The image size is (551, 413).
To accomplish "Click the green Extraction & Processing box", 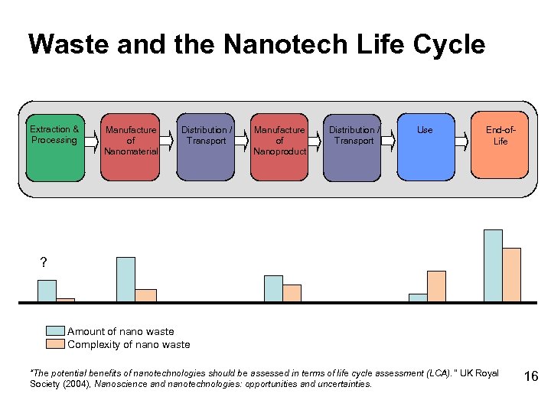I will [x=54, y=149].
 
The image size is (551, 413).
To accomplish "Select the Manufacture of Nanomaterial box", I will [x=131, y=149].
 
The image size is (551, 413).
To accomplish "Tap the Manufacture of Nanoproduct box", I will [x=279, y=149].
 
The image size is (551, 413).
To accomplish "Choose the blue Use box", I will [x=425, y=149].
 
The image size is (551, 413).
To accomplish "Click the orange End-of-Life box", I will [x=500, y=149].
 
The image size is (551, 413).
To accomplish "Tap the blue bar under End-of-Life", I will [x=493, y=265].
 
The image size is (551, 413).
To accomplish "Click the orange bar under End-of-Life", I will [x=511, y=275].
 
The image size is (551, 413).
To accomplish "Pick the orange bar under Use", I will [x=436, y=286].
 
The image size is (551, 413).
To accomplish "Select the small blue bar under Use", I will [x=418, y=298].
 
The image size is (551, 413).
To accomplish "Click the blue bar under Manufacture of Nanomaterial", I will [x=126, y=279].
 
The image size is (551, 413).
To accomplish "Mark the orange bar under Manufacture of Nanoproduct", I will [x=292, y=293].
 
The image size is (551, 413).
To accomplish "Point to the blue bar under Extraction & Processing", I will [x=47, y=291].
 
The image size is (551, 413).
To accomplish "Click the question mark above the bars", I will [x=43, y=263].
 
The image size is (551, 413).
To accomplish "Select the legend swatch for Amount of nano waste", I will [x=55, y=331].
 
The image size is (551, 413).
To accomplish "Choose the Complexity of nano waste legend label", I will [x=129, y=344].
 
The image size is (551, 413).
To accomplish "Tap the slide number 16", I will [x=530, y=376].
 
